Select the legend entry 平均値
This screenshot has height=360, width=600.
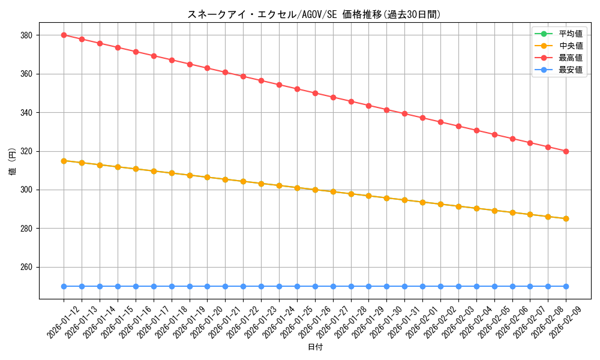[x=571, y=34]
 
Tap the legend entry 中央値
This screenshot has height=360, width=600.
[x=571, y=46]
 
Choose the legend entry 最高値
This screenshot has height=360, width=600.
[x=571, y=58]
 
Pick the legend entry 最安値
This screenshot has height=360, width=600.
[x=571, y=70]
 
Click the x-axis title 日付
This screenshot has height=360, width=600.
[x=315, y=347]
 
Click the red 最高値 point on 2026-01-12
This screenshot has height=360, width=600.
[x=64, y=35]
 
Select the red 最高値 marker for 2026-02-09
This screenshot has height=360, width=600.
[x=566, y=151]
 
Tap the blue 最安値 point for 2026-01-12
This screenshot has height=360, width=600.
[x=64, y=286]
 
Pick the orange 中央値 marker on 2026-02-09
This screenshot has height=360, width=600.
[x=566, y=218]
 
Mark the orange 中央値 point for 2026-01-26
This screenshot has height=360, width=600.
[x=315, y=190]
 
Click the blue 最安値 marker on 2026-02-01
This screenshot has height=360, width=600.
[x=422, y=286]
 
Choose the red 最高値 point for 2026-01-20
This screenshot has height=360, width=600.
[x=207, y=68]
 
